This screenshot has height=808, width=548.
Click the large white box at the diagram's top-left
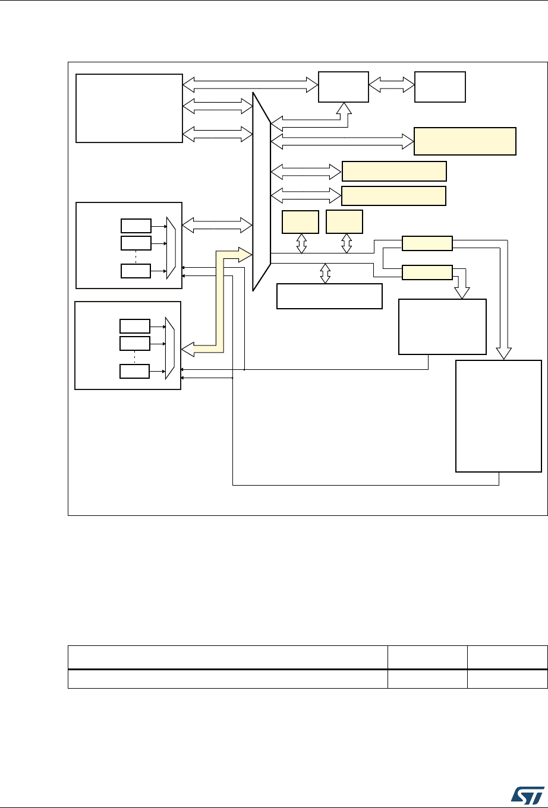point(129,108)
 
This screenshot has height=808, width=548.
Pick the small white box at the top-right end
point(440,86)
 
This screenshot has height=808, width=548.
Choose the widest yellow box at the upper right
point(464,141)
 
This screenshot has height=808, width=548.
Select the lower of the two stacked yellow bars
point(394,195)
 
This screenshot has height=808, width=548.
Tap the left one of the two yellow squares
point(301,221)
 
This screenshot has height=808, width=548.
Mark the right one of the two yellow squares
point(345,221)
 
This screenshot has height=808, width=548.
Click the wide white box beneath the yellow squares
point(329,296)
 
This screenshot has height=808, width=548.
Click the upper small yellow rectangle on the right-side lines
point(427,243)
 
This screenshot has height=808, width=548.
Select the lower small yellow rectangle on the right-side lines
point(427,272)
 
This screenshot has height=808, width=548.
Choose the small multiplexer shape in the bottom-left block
point(169,347)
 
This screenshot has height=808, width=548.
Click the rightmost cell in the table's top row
point(507,657)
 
